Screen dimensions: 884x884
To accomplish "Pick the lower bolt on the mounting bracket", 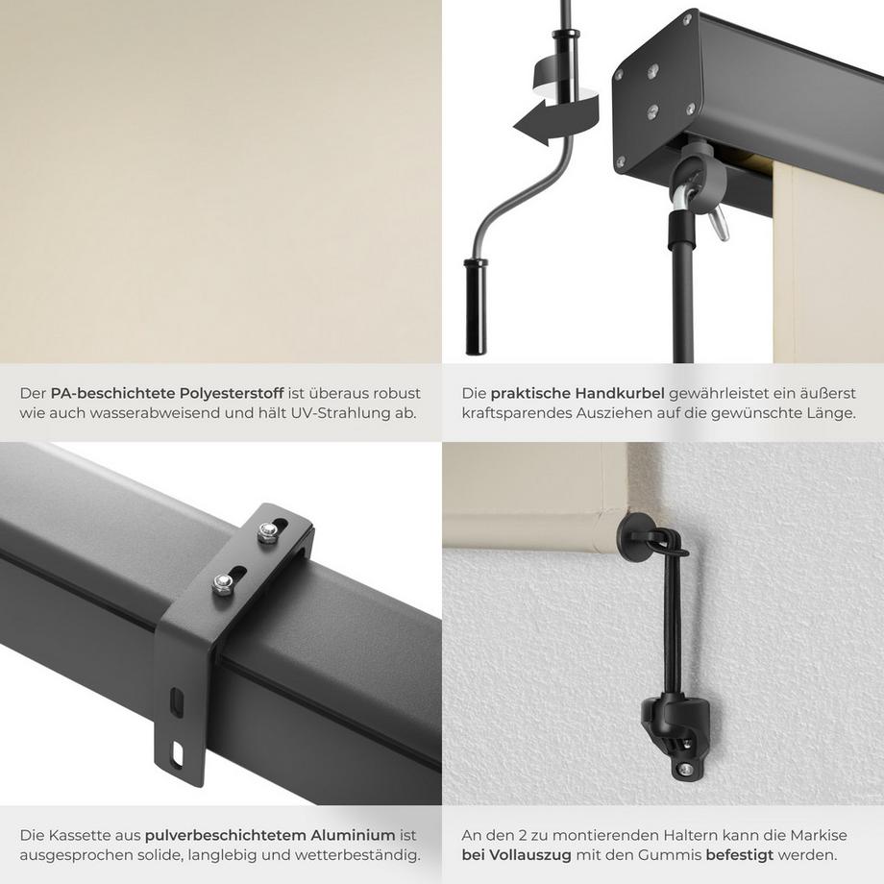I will click(x=223, y=583).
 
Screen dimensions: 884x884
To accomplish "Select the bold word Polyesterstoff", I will click(x=233, y=393).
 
